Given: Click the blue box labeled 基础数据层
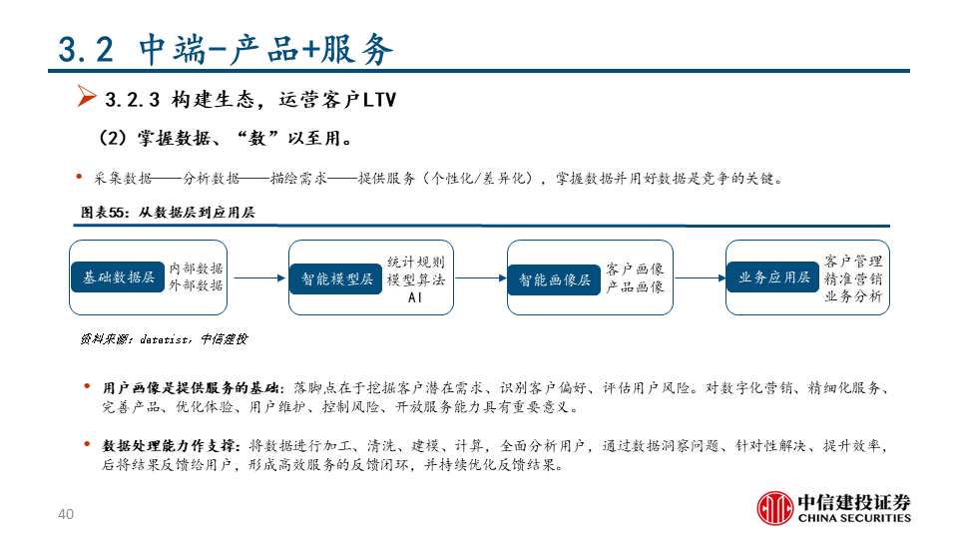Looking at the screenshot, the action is point(119,277).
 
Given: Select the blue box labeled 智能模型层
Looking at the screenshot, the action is point(336,278).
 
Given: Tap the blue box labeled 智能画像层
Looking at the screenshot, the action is point(555,278).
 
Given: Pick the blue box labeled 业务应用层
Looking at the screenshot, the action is point(773,277).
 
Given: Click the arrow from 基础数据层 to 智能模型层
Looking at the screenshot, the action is point(256,278).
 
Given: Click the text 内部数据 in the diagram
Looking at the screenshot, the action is point(196,269).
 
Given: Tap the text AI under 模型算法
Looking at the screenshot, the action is point(415,297).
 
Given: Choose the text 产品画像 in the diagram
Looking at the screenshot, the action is point(635,287).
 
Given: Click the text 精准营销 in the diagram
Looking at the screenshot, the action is point(853,278).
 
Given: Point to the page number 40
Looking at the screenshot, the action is point(67,515).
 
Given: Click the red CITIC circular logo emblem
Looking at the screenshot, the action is point(773,507).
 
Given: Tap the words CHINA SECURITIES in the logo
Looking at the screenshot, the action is point(853,518).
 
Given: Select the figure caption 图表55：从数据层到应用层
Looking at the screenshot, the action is point(168,213).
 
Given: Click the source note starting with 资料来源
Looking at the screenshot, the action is point(164,339).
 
